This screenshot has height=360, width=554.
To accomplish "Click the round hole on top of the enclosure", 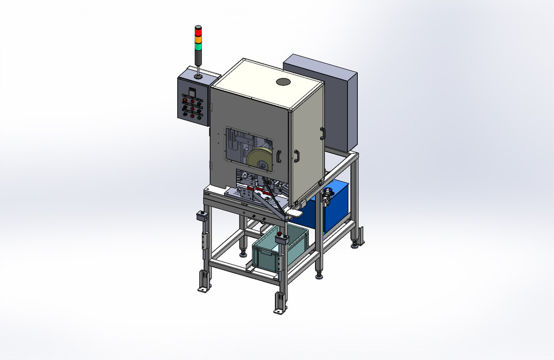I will (x=283, y=82).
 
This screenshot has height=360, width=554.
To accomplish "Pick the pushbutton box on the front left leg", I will (x=203, y=216).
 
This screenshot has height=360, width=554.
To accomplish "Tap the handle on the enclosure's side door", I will (x=297, y=156).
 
